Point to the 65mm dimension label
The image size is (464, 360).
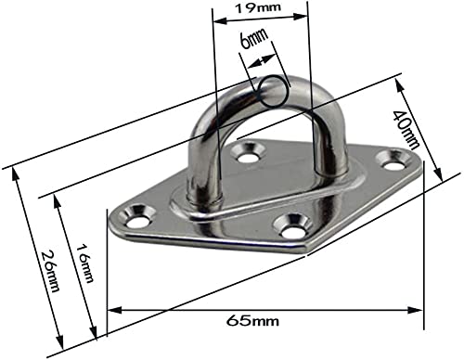(251, 321)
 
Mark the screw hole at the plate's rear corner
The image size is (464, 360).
(247, 152)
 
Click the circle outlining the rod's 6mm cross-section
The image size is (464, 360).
(273, 89)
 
